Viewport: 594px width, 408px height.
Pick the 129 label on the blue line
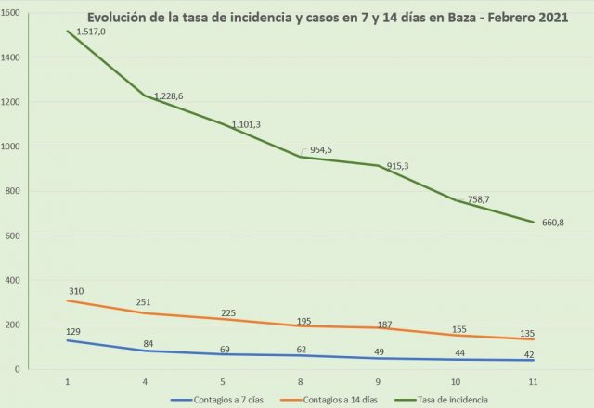(73, 331)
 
